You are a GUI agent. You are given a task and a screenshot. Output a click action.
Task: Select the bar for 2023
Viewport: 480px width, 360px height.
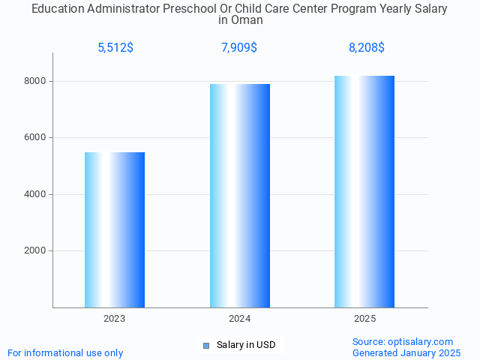tap(115, 229)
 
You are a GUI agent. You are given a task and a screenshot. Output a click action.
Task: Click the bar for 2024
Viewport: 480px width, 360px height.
tap(240, 196)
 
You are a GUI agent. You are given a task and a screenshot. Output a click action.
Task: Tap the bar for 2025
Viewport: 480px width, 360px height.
tap(364, 191)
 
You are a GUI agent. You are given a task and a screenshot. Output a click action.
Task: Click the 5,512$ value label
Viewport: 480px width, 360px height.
tap(115, 48)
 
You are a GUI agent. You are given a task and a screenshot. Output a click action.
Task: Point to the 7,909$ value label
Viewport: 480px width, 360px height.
tap(239, 48)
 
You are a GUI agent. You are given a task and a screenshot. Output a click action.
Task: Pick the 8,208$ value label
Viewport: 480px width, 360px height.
tap(367, 48)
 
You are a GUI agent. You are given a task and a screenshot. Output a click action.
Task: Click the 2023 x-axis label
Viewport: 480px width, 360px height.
tap(115, 319)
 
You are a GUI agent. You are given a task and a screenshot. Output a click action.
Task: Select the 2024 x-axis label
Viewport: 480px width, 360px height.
tap(240, 319)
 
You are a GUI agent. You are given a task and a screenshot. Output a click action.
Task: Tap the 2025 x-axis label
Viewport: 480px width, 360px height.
tap(364, 319)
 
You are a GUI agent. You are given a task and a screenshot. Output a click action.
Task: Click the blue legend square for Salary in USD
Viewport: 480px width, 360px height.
tap(206, 345)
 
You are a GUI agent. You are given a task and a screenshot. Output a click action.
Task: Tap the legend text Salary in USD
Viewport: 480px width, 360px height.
tap(246, 345)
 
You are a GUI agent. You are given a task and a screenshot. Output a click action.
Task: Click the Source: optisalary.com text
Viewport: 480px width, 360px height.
tap(403, 341)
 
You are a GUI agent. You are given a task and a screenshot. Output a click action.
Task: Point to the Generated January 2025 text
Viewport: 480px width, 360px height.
tap(406, 352)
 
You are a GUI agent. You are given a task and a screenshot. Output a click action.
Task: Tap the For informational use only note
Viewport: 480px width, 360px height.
tap(65, 352)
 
